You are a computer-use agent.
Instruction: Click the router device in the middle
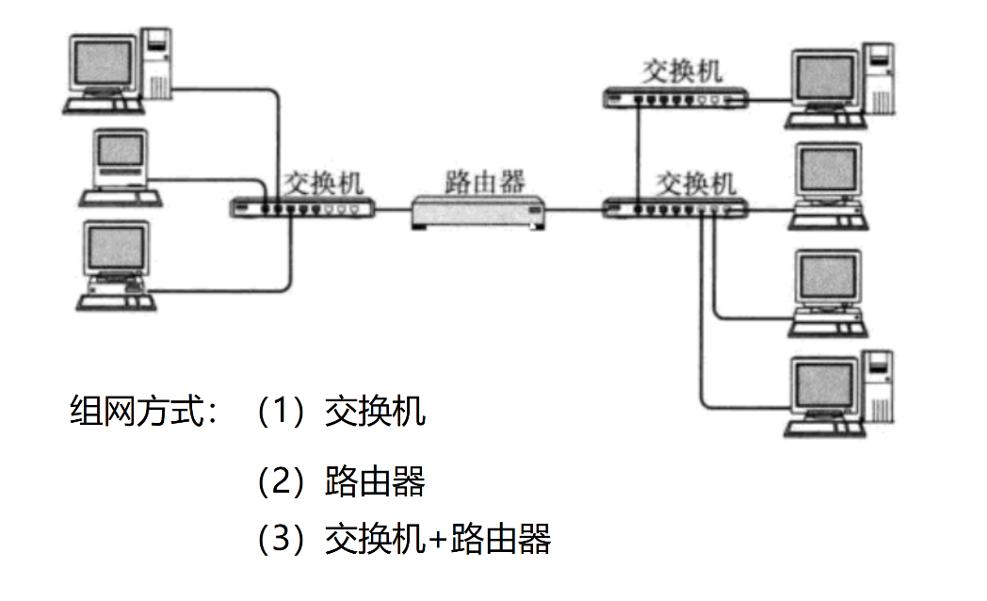pos(478,213)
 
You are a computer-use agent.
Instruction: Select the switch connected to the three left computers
pos(303,208)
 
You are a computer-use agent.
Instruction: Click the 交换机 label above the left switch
pos(323,181)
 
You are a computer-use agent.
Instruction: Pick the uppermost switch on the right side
pos(674,97)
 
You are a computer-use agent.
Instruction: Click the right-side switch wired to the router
pos(674,208)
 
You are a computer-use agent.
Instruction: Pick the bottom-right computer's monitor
pos(827,387)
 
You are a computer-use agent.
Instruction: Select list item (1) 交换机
pos(341,412)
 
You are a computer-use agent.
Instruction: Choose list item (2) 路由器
pos(341,480)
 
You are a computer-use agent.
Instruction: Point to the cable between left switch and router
pos(394,210)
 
